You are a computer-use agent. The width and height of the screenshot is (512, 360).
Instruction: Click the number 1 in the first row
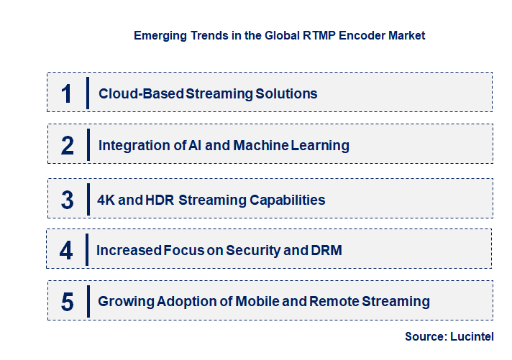67,93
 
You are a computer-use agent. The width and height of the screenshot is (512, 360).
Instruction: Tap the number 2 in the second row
68,145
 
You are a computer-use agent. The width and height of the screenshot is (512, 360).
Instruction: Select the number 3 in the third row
68,200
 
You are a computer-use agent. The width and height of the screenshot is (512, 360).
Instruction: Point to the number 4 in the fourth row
66,250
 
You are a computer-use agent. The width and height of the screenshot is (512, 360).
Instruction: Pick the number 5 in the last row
68,301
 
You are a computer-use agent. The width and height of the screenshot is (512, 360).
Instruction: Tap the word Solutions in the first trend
288,93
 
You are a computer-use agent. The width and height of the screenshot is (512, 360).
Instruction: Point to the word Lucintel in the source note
475,336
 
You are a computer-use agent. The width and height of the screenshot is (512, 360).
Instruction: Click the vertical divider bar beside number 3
88,199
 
